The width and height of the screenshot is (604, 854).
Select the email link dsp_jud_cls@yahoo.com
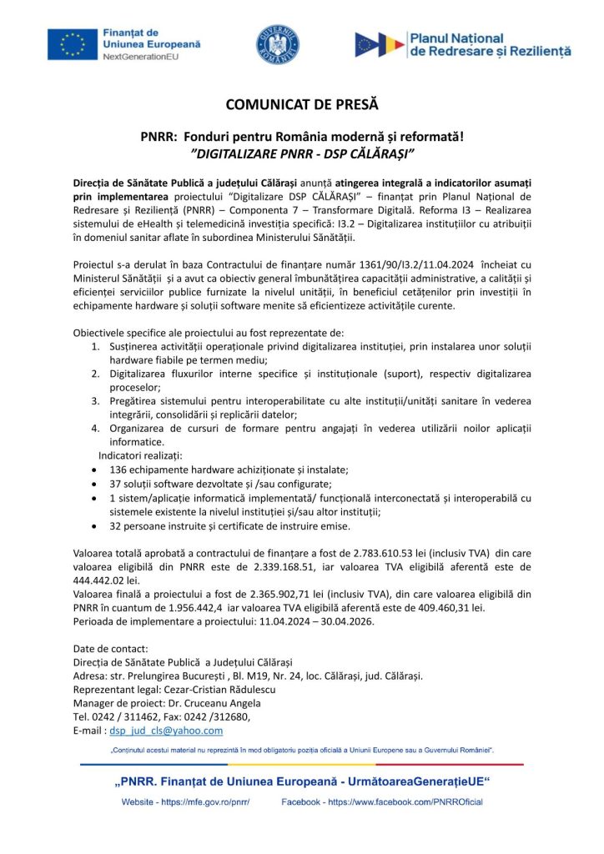pyautogui.click(x=166, y=731)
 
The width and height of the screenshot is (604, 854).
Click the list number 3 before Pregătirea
pyautogui.click(x=95, y=401)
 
